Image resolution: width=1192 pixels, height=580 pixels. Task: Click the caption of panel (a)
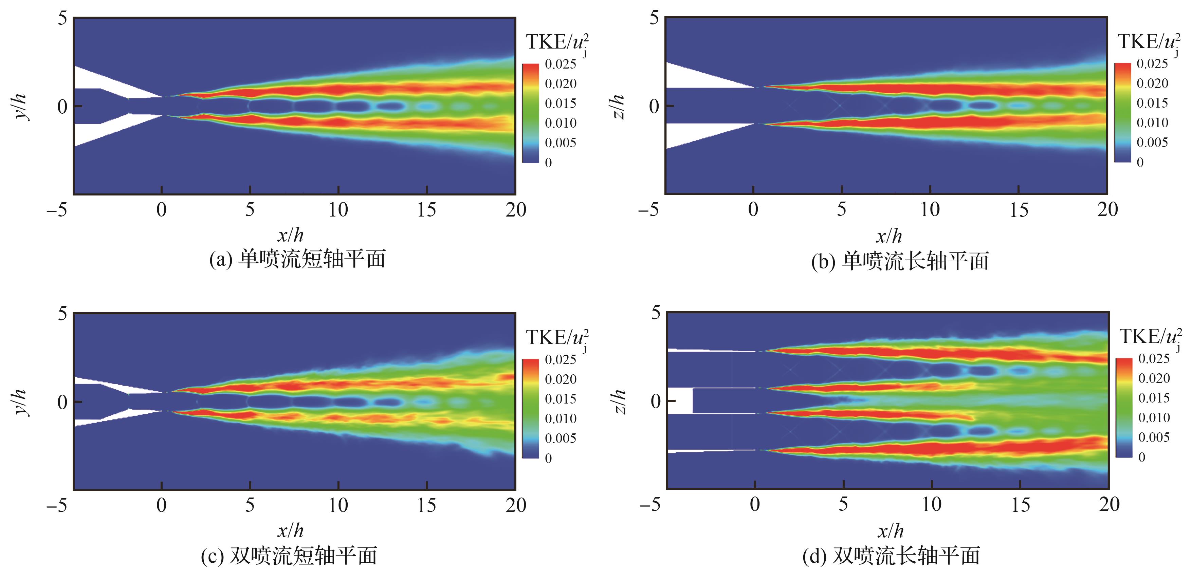tap(297, 259)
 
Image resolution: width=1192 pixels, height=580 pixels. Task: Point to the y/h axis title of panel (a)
tap(21, 107)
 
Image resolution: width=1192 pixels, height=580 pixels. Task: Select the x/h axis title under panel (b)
tap(889, 236)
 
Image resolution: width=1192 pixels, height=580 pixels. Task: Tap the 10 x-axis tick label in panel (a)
tap(338, 210)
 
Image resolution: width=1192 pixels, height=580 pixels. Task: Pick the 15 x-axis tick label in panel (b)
tap(1019, 210)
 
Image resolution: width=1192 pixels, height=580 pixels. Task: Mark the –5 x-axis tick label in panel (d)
tap(650, 504)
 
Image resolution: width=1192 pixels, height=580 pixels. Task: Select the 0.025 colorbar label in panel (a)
tap(561, 64)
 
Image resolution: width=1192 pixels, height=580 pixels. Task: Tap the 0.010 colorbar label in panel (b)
tap(1152, 123)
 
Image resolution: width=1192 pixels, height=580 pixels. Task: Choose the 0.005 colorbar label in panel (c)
tap(561, 438)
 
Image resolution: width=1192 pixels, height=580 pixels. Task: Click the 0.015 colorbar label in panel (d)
tap(1154, 398)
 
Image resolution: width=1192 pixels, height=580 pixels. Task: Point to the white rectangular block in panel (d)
tap(680, 400)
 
